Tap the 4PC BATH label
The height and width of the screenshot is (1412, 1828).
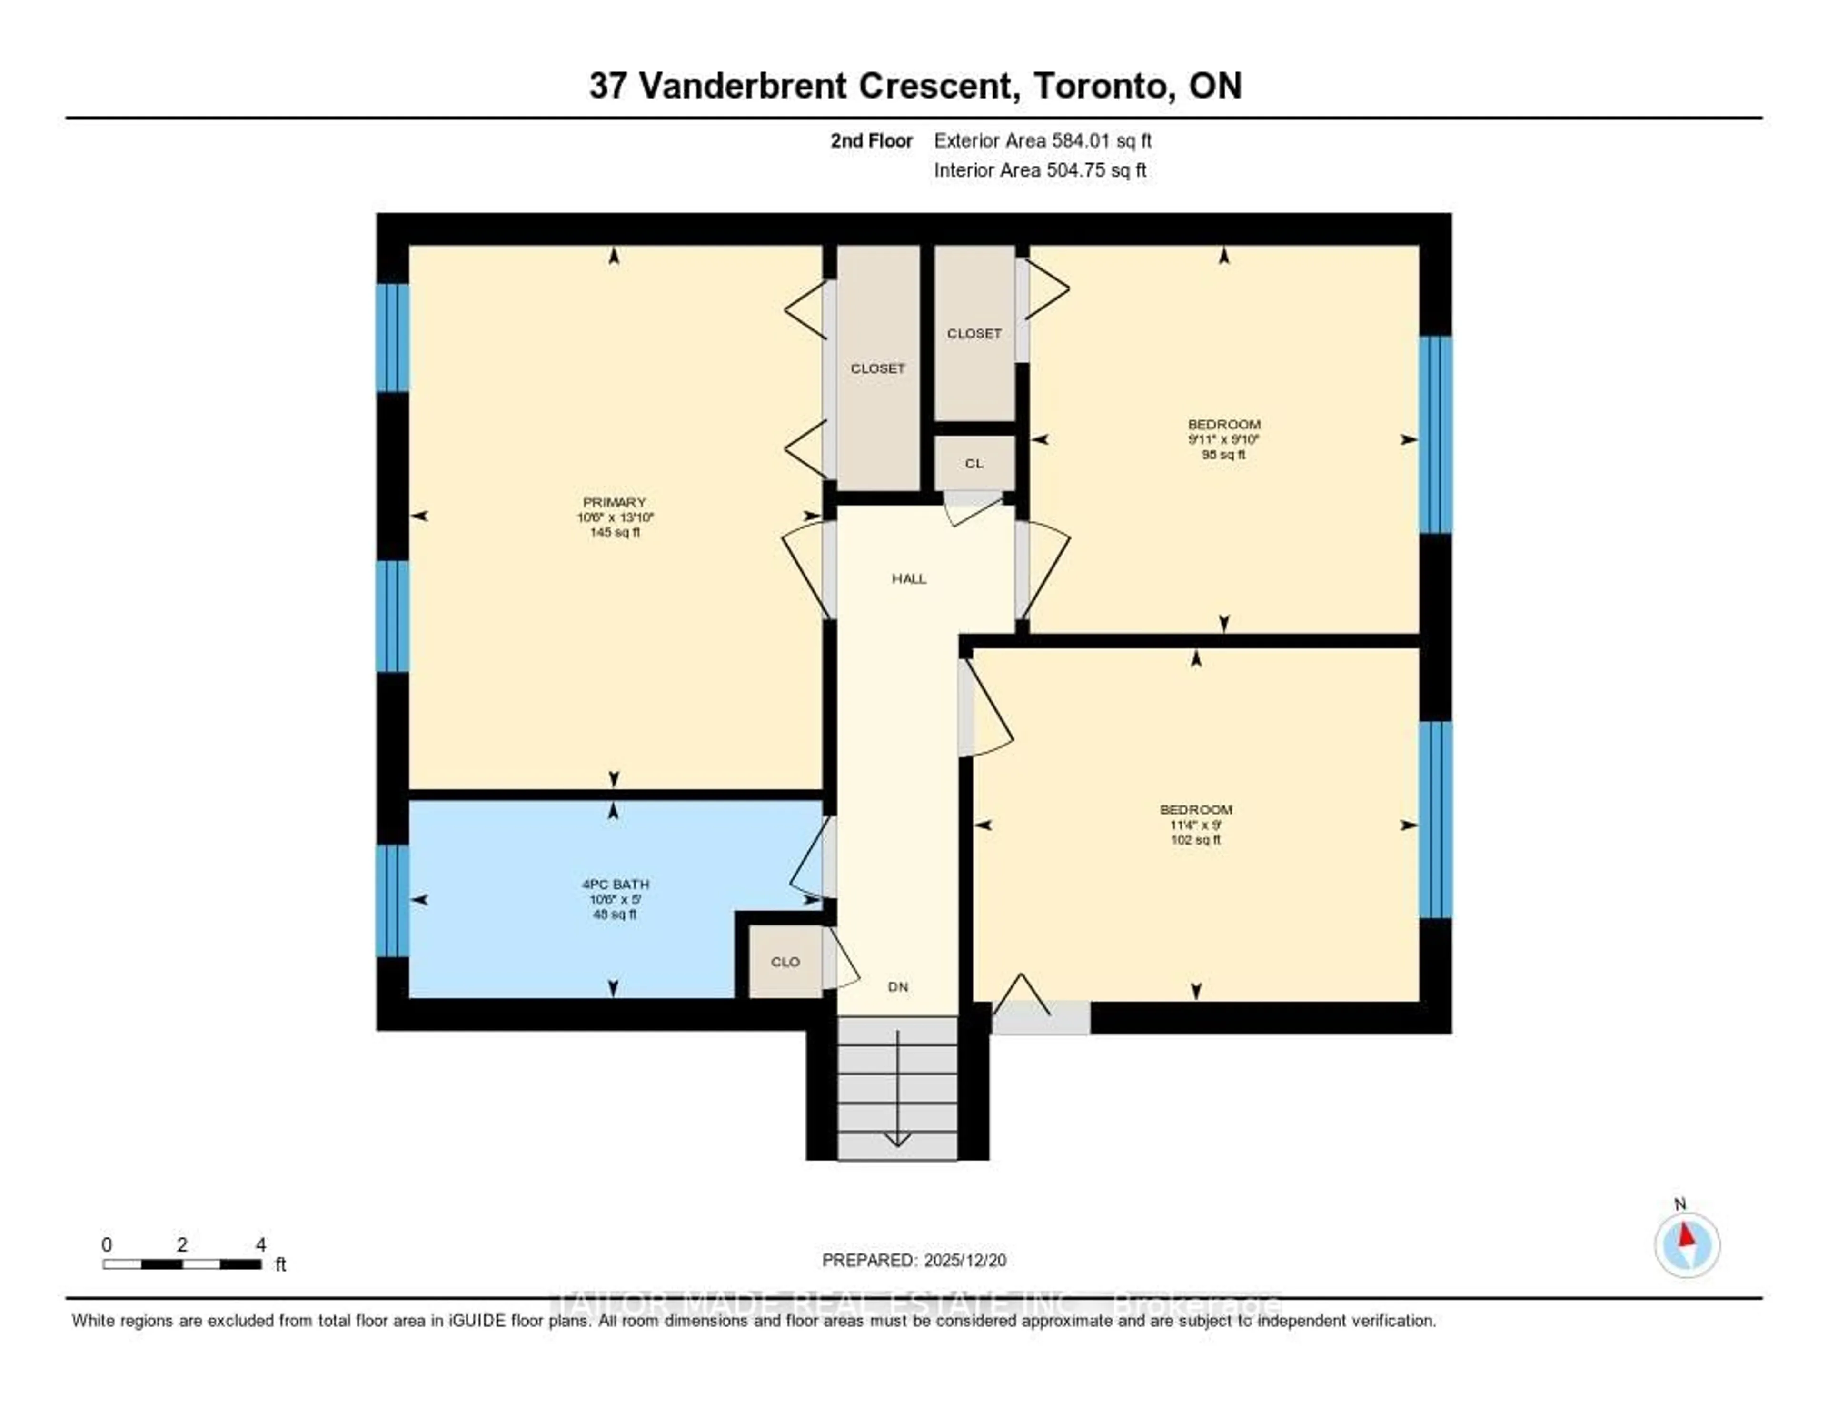(615, 884)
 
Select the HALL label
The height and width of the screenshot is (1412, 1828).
(909, 578)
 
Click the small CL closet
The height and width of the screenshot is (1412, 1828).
(974, 463)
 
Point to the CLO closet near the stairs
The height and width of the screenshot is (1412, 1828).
(785, 962)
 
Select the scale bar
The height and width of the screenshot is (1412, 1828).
(182, 1264)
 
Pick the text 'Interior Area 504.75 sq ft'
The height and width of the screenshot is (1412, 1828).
(1040, 170)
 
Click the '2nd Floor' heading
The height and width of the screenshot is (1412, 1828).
(871, 140)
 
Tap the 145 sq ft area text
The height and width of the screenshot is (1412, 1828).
(615, 532)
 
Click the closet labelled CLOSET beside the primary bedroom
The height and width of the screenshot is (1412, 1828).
(878, 368)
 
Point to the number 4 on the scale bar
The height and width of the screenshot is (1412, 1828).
(260, 1244)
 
